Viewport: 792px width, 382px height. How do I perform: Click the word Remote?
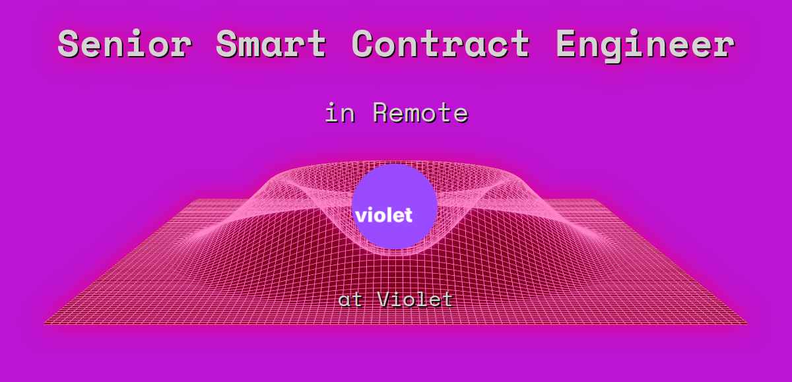[420, 113]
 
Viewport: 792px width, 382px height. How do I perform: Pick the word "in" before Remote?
[341, 113]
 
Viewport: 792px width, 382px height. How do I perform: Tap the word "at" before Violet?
[350, 300]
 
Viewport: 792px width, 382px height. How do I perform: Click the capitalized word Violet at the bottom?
[416, 300]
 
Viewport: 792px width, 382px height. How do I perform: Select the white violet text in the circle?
[383, 215]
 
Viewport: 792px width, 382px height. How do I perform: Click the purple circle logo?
[395, 191]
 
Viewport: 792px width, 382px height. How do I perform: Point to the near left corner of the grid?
[45, 323]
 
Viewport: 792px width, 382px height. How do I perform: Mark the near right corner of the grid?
[746, 323]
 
